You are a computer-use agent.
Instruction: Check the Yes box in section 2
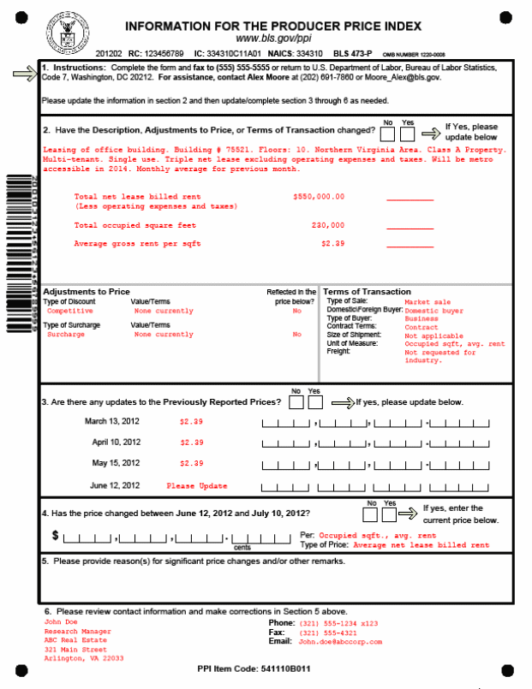point(408,134)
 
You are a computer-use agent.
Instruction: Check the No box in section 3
point(296,403)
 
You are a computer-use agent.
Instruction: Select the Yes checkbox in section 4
point(389,515)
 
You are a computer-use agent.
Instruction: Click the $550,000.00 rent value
point(319,197)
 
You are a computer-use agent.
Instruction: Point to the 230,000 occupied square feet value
point(328,225)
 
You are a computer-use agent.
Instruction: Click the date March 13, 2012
point(113,422)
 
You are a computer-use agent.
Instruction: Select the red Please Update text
point(197,486)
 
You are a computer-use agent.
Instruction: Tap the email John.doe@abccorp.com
point(339,641)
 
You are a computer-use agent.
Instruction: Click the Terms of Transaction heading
point(367,292)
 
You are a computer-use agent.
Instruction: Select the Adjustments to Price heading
point(87,292)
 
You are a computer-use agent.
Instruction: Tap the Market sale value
point(427,301)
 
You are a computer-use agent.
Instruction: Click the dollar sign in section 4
point(57,536)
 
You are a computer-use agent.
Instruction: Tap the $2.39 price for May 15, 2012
point(191,464)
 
